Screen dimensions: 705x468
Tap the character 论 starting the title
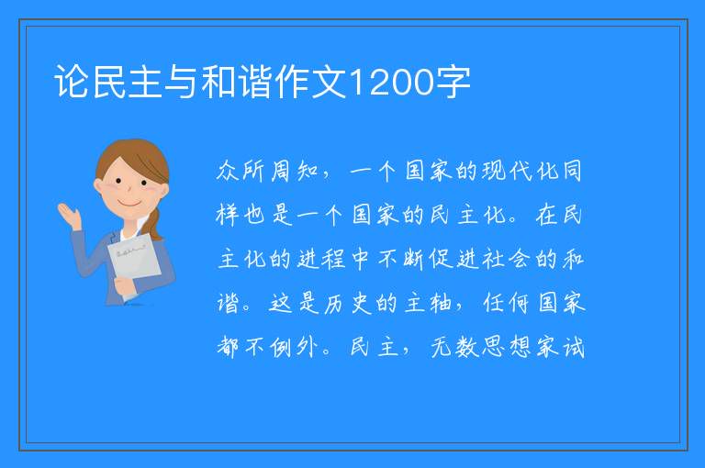pyautogui.click(x=72, y=82)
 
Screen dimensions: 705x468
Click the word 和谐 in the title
pyautogui.click(x=237, y=82)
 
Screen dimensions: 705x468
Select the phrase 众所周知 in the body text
pyautogui.click(x=267, y=172)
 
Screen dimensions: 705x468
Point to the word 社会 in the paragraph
pyautogui.click(x=507, y=259)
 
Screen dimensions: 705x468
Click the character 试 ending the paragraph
pyautogui.click(x=573, y=347)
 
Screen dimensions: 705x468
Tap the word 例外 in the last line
pyautogui.click(x=294, y=347)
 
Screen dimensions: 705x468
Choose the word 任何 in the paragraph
pyautogui.click(x=507, y=303)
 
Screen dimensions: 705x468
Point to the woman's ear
pyautogui.click(x=98, y=185)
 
